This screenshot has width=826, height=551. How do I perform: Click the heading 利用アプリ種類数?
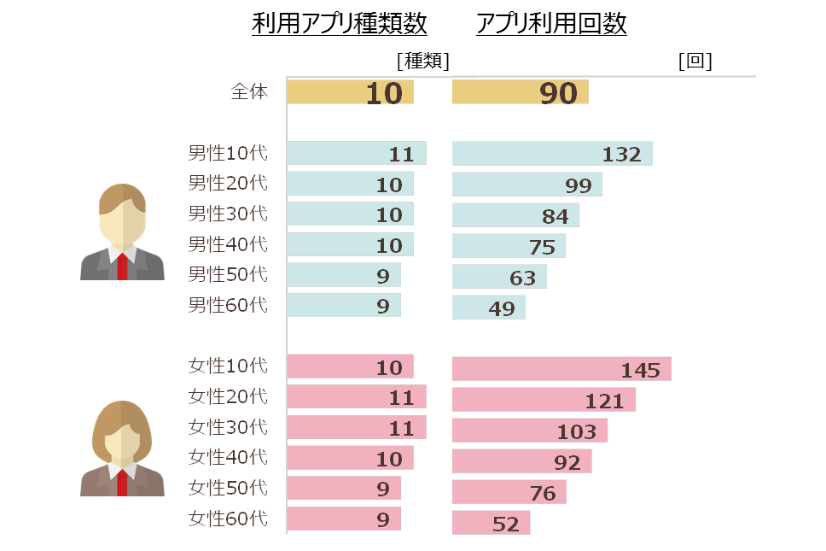pos(340,23)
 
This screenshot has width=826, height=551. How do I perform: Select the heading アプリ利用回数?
pos(551,23)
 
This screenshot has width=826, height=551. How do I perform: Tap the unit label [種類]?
pos(423,62)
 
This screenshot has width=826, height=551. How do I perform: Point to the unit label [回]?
pos(695,62)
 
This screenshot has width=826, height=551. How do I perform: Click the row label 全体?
pos(249,91)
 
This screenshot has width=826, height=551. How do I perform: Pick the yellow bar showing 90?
pos(521,92)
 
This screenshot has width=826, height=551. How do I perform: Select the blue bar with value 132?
pos(552,154)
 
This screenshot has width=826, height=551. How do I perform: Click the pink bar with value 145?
pos(561,368)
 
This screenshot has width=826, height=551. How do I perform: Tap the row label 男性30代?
pos(228,214)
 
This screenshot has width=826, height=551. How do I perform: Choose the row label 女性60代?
pos(228,519)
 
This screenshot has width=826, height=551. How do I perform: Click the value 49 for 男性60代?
pos(502,308)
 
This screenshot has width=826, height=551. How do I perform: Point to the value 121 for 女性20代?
pos(605,402)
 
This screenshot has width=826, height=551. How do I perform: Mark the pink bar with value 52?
pos(491,523)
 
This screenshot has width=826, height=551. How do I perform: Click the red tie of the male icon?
pos(122,267)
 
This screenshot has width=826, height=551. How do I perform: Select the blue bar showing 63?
pos(499,277)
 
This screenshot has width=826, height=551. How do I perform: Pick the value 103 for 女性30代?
pos(577,432)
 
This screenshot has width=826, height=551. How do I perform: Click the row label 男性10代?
pos(228,153)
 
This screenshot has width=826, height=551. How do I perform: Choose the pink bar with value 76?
pos(509,492)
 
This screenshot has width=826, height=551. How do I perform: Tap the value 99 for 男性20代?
pos(579,185)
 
